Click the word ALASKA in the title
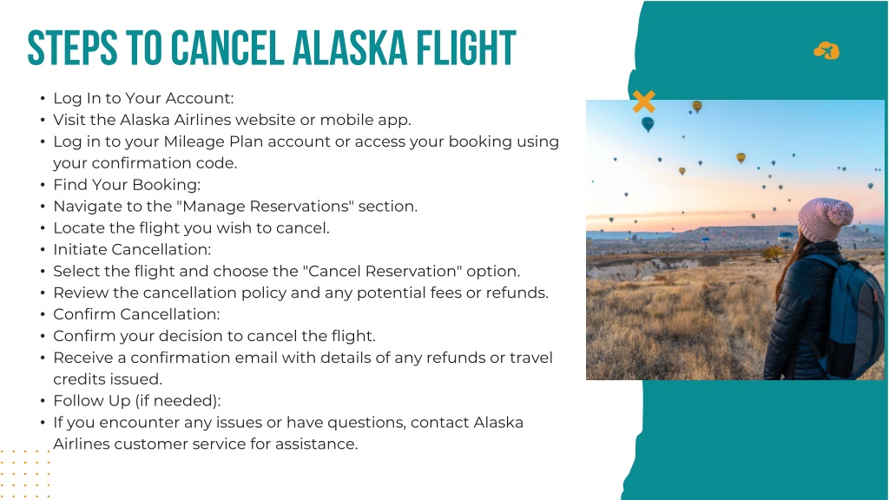[x=350, y=49]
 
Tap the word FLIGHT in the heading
[x=466, y=49]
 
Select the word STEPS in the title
[x=72, y=49]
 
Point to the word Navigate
[x=84, y=207]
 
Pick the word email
[x=256, y=358]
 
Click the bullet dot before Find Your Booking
[x=43, y=186]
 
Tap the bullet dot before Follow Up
[x=43, y=401]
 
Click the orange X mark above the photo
[x=644, y=102]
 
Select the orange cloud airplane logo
[x=826, y=51]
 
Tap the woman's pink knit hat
[x=825, y=220]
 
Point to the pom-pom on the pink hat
[x=840, y=213]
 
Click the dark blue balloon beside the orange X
[x=648, y=124]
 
